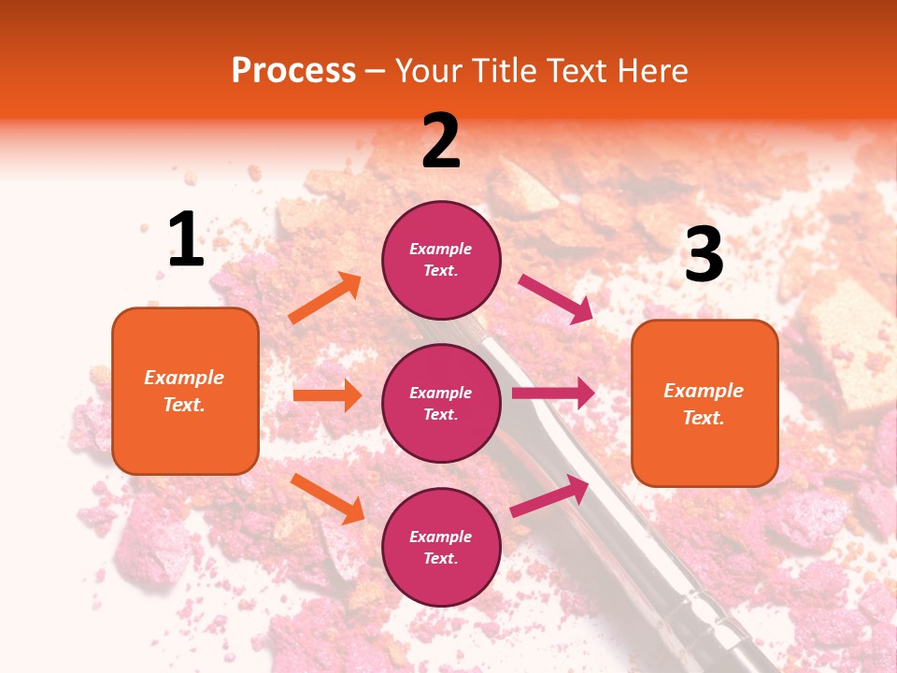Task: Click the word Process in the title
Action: click(293, 71)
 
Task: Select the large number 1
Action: click(186, 240)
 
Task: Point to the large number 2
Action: click(441, 141)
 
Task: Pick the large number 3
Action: click(704, 254)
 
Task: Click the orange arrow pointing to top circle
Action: click(325, 298)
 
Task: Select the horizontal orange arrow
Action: click(327, 395)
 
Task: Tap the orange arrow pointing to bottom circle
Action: click(327, 498)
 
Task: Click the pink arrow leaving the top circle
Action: click(555, 299)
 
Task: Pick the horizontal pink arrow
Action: click(553, 394)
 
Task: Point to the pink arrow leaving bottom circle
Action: click(549, 496)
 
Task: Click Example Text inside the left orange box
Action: click(184, 391)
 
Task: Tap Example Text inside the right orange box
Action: click(704, 404)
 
